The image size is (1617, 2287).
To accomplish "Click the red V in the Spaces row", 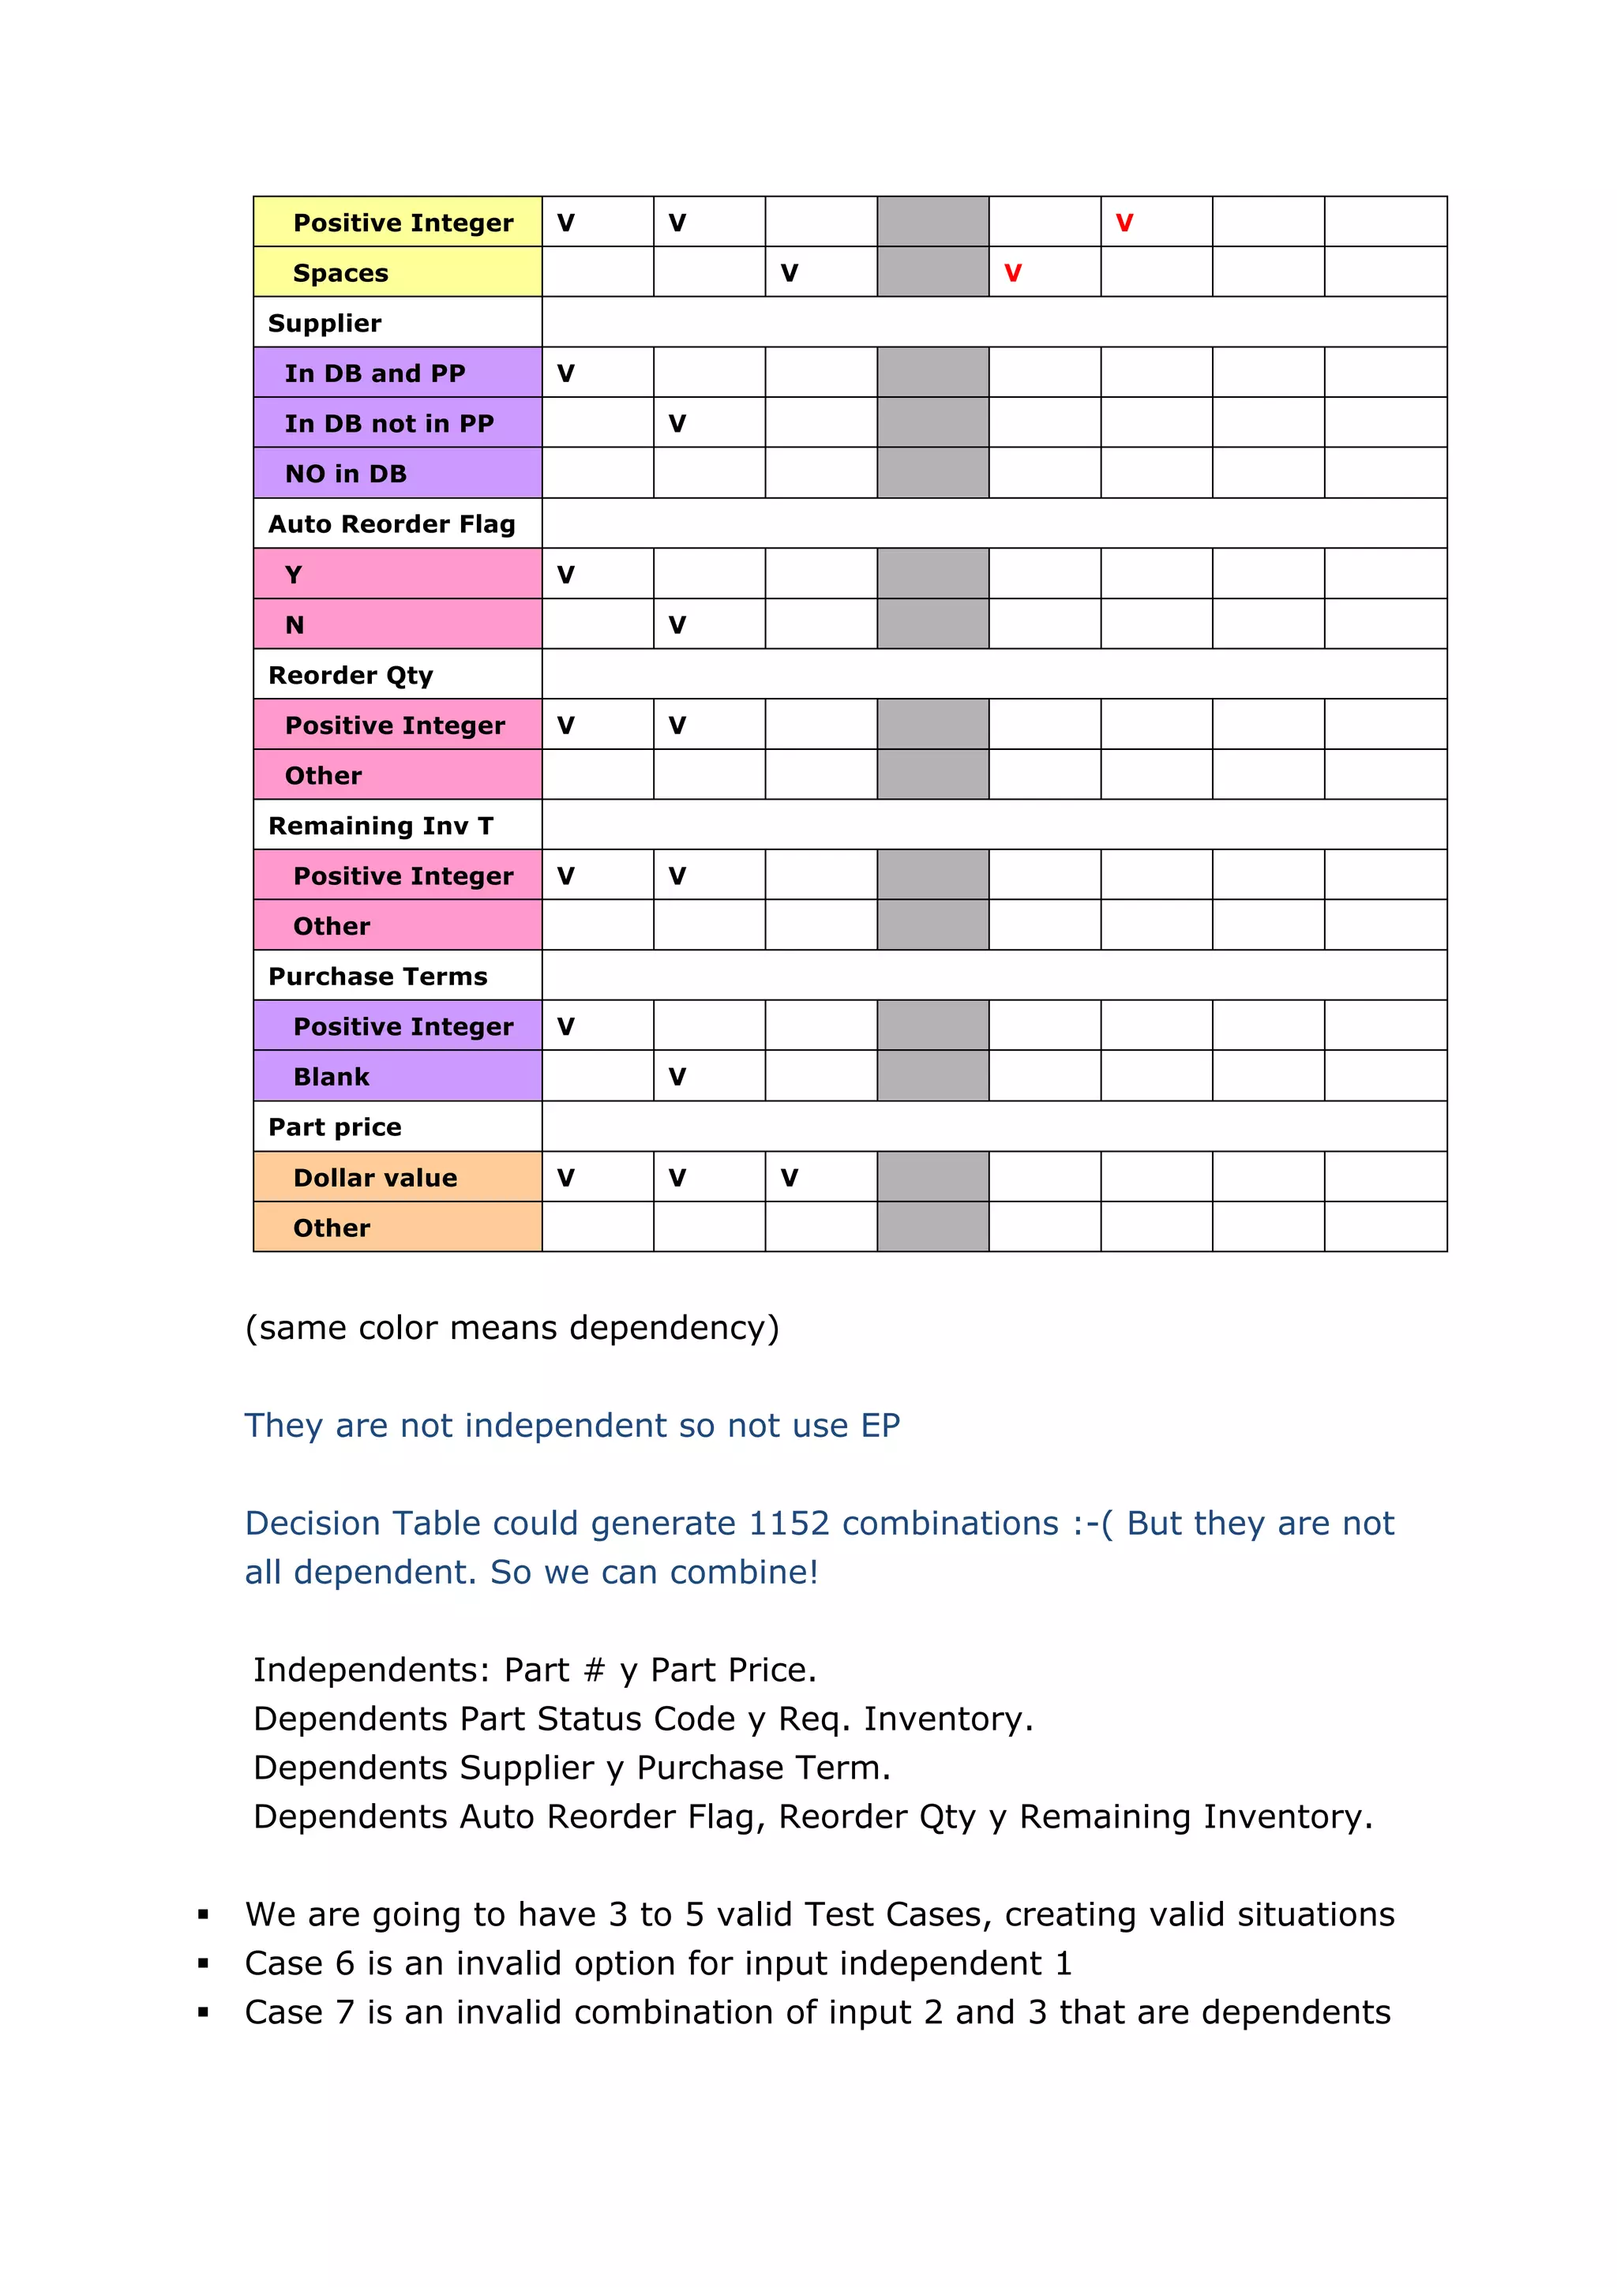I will (1012, 273).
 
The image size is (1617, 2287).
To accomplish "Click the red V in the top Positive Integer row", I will (1124, 223).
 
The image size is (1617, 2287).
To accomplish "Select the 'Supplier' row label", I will (324, 324).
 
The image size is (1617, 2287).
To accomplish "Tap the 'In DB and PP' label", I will (374, 373).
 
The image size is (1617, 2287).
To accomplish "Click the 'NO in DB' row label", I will (346, 474).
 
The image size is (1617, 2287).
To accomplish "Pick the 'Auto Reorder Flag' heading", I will (392, 524).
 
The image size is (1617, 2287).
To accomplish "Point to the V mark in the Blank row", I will (677, 1077).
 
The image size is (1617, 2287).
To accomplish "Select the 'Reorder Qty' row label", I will (351, 675).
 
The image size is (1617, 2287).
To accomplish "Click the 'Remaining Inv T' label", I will (381, 826).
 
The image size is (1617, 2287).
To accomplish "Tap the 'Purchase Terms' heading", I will (377, 977).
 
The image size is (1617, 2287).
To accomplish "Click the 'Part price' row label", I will (335, 1127).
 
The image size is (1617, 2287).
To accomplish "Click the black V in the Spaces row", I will (789, 273).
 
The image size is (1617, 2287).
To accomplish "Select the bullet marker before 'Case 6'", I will (203, 1963).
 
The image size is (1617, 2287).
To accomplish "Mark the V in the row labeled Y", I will (565, 575).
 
